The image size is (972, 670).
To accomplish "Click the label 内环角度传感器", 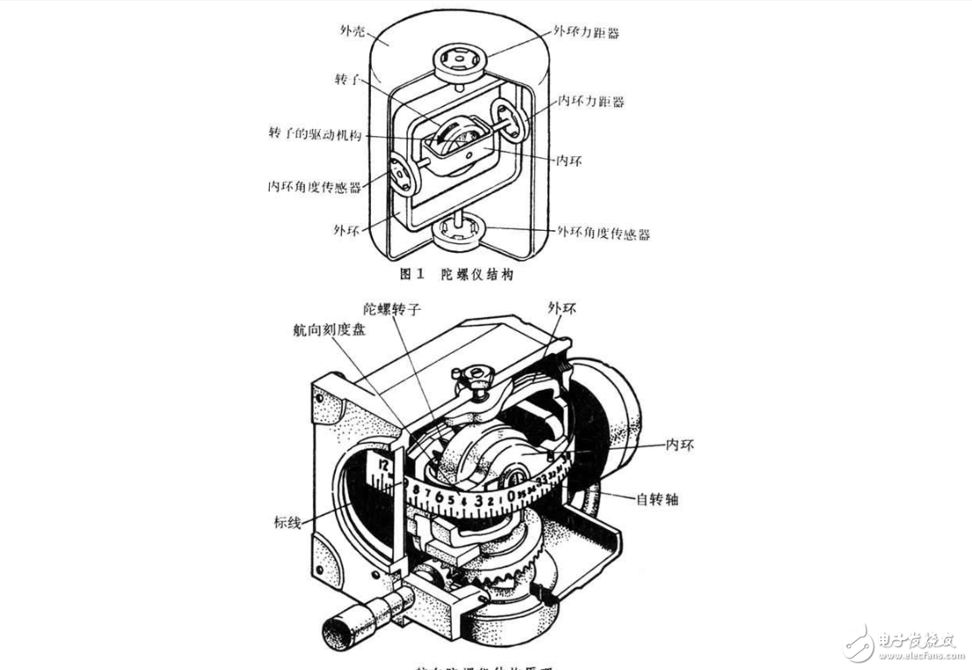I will pos(316,187).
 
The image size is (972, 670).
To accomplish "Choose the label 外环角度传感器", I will pos(604,233).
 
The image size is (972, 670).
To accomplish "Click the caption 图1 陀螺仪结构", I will pos(456,274).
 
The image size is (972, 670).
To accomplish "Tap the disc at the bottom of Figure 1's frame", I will pos(460,234).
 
